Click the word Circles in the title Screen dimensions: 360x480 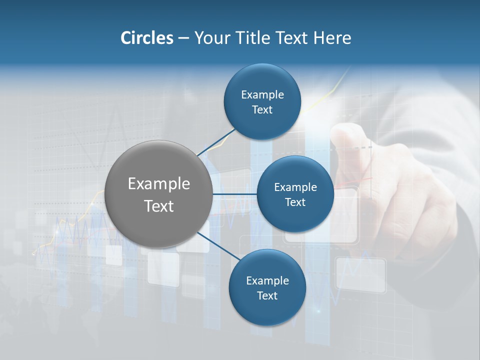146,38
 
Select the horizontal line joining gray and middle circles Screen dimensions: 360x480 234,194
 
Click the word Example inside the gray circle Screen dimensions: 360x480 158,183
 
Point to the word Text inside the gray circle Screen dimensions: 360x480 158,206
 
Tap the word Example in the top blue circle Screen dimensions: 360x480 262,95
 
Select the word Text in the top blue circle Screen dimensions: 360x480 262,110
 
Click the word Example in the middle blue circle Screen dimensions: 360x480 295,187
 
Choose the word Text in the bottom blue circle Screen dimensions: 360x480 267,296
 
